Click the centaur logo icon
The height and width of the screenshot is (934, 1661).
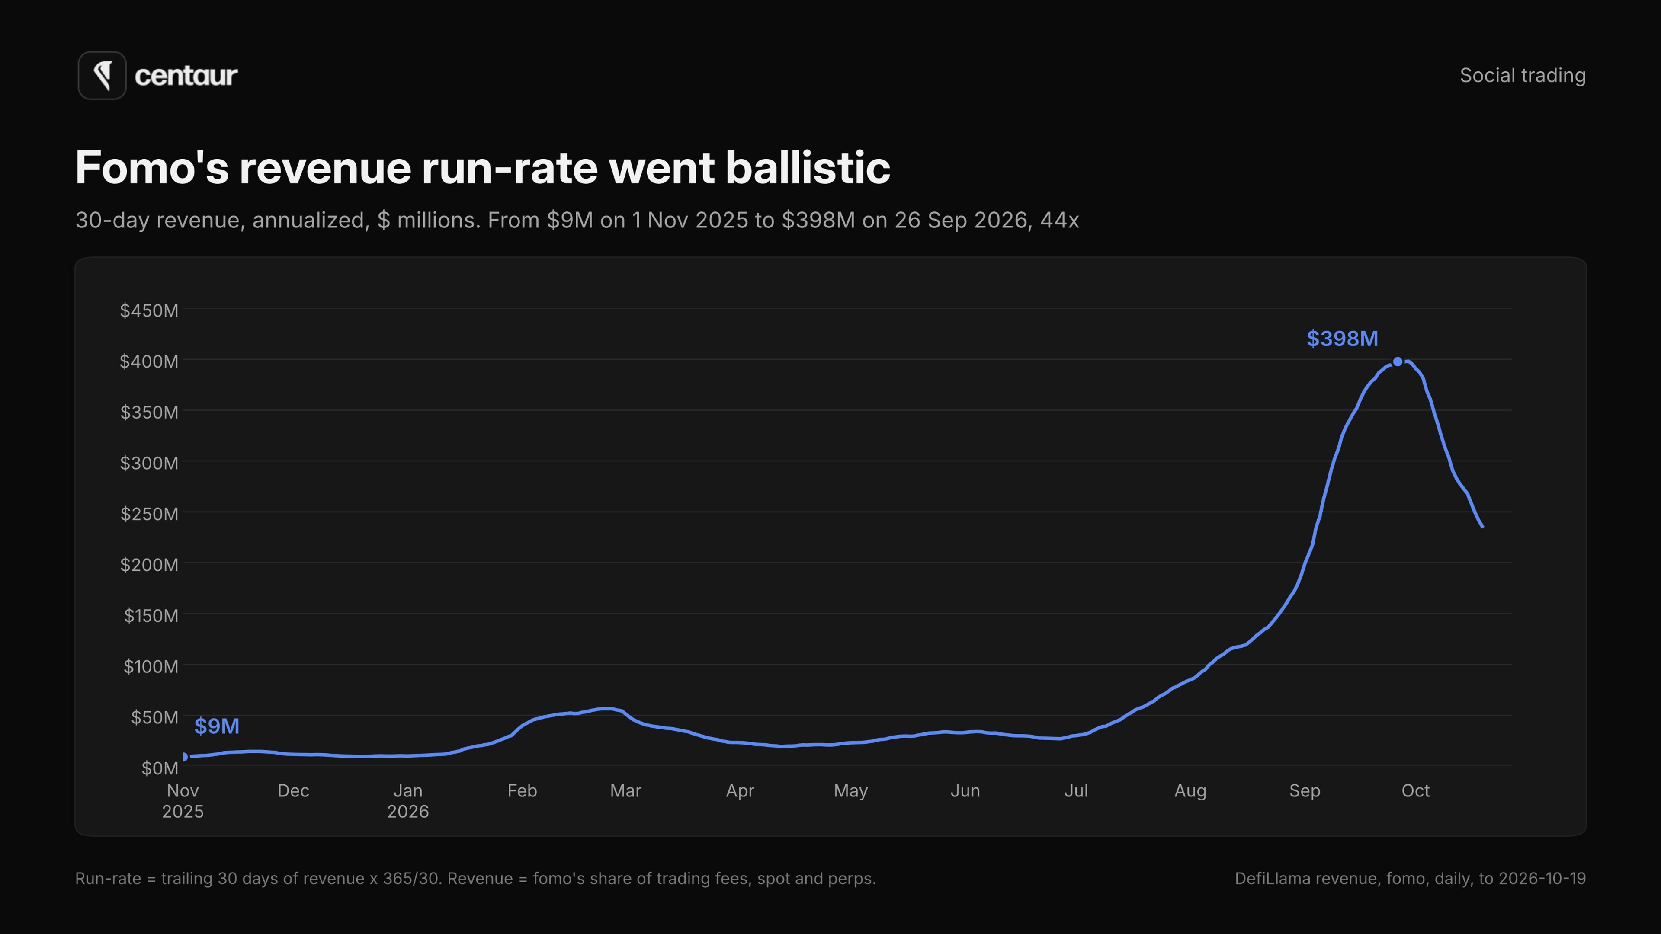pos(102,75)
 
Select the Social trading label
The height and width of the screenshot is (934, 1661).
pos(1523,75)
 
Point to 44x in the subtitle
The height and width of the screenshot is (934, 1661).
pos(1059,221)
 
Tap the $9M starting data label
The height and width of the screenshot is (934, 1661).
pos(217,726)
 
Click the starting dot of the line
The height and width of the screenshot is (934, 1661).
pos(185,757)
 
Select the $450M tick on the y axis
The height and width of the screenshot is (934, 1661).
pos(149,311)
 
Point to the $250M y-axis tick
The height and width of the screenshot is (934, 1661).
pos(149,514)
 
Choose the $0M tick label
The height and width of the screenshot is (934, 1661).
pos(160,768)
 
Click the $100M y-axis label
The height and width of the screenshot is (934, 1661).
pos(151,666)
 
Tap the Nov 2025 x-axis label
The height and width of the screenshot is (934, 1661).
pos(183,800)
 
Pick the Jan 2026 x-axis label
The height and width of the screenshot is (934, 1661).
pos(407,800)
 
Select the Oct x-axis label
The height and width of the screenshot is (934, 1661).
pos(1415,791)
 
